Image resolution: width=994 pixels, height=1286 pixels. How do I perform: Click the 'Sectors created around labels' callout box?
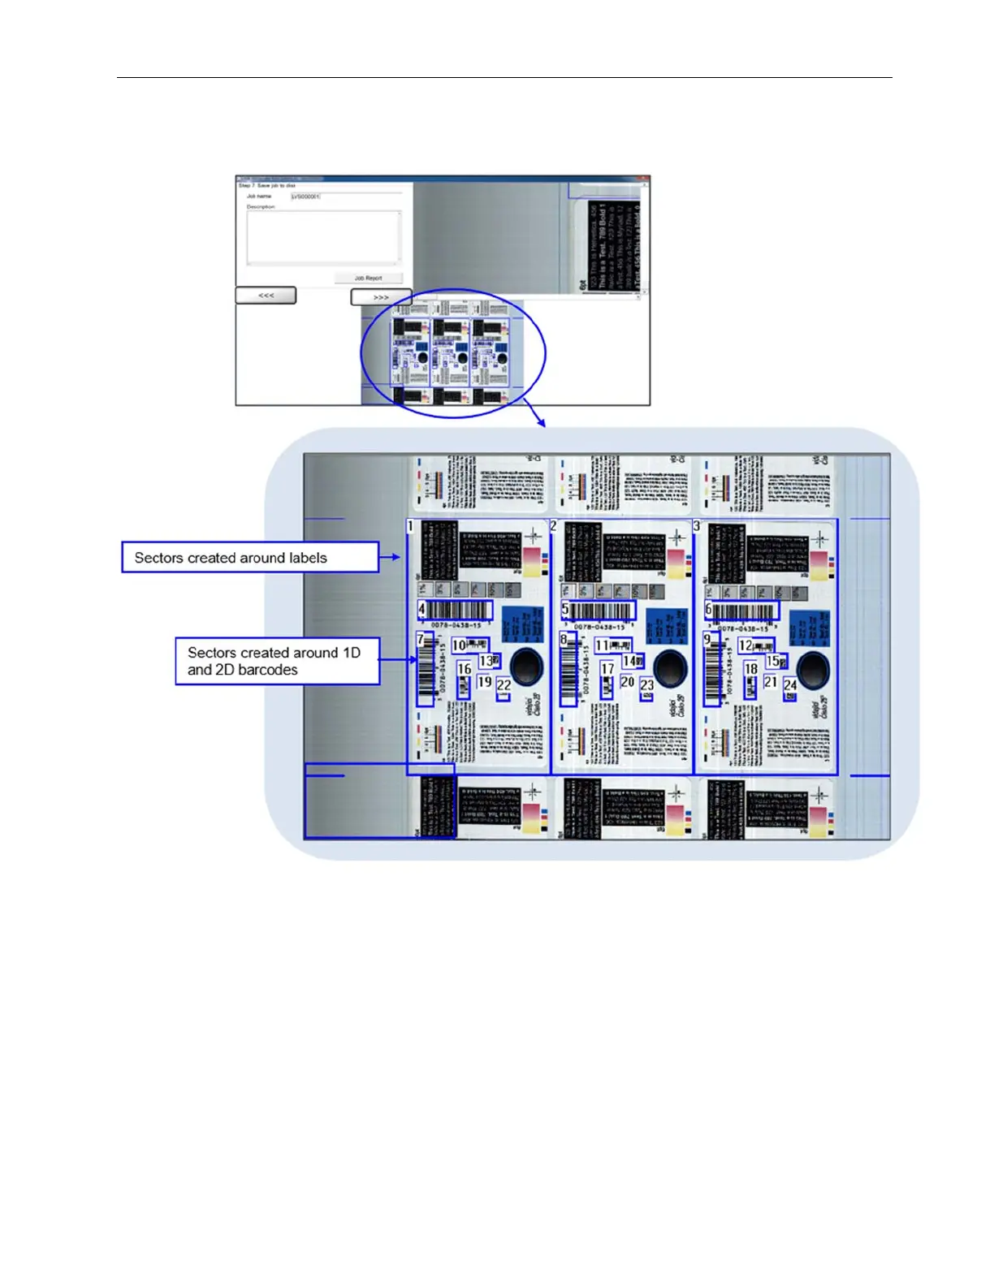250,558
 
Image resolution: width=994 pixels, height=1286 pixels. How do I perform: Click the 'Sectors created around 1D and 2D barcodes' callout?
277,661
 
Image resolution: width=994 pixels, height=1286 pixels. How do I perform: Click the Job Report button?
368,278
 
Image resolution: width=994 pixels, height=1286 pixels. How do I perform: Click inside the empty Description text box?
323,237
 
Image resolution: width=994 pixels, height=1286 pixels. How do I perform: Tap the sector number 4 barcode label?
421,608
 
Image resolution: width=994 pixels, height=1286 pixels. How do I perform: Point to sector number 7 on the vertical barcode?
421,640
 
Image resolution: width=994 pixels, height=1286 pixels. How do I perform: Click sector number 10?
459,645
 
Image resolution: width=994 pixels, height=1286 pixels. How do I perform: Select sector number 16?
464,669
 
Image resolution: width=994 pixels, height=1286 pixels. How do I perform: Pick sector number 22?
503,685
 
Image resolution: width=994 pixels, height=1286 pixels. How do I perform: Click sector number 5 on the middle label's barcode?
565,609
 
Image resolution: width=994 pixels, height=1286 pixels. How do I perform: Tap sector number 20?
627,682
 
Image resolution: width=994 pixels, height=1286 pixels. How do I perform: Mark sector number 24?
790,685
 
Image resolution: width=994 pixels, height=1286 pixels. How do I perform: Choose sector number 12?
745,645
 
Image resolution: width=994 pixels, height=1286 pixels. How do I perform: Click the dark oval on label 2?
671,668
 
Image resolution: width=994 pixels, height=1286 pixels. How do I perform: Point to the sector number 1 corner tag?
411,526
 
